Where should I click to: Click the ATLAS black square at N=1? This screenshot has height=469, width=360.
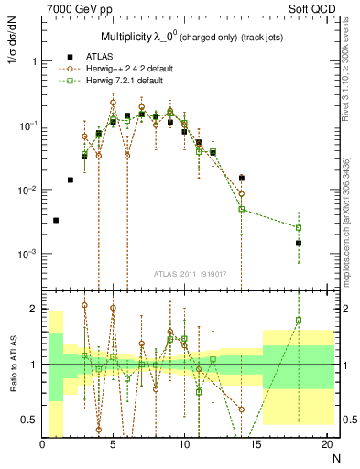pyautogui.click(x=56, y=220)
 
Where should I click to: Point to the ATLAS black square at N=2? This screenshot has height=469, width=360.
pyautogui.click(x=71, y=180)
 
